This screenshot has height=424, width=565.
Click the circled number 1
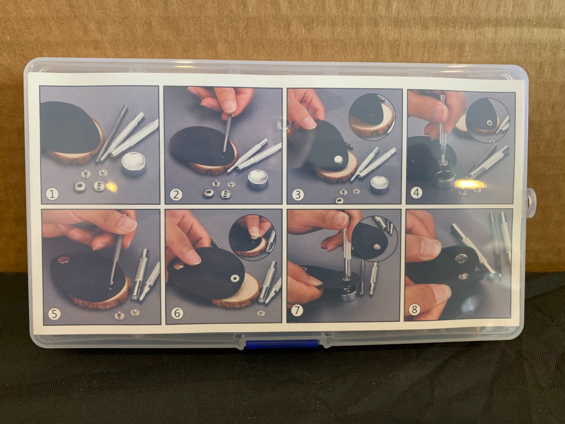(52, 193)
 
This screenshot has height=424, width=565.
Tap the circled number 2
(176, 194)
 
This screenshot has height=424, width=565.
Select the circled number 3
(298, 194)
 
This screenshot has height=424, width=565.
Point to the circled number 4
(417, 192)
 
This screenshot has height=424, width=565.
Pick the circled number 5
(55, 314)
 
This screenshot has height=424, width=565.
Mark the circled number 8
(414, 310)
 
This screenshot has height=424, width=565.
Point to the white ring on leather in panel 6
(235, 278)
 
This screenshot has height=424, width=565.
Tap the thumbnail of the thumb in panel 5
(129, 224)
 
